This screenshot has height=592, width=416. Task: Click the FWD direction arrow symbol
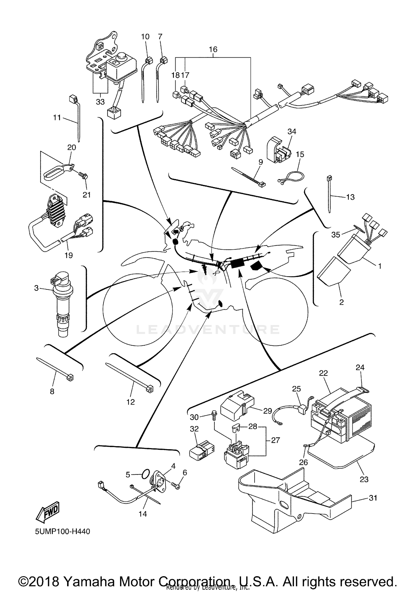[47, 510]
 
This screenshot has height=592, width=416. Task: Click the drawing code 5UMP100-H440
[62, 532]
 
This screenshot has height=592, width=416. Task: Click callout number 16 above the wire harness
[213, 49]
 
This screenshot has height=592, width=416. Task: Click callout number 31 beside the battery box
[373, 498]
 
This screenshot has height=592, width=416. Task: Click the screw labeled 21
[83, 176]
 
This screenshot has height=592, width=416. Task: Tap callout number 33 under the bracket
[100, 102]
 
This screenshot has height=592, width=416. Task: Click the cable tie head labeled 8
[70, 377]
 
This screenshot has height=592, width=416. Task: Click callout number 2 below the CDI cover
[341, 302]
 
